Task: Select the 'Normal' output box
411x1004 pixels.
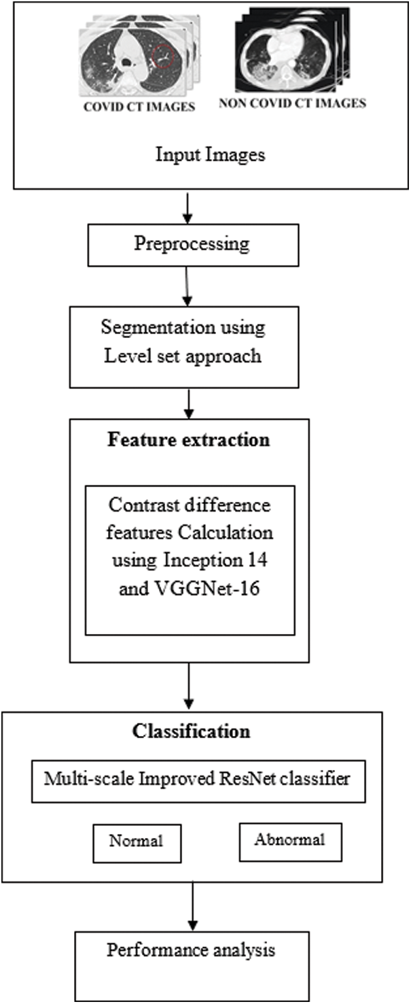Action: pyautogui.click(x=137, y=841)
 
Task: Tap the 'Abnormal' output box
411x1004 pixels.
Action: pyautogui.click(x=289, y=839)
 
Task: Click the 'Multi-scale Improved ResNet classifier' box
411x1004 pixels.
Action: pyautogui.click(x=197, y=779)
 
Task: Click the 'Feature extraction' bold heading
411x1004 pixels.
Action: pyautogui.click(x=188, y=439)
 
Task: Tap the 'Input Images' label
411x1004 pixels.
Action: pyautogui.click(x=211, y=154)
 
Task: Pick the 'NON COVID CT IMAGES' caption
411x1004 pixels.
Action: pyautogui.click(x=292, y=104)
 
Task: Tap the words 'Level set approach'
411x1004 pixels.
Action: pyautogui.click(x=183, y=356)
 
